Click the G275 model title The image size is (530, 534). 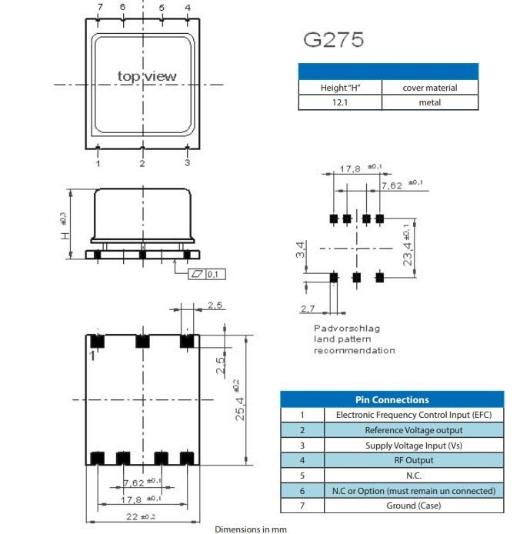[x=333, y=40]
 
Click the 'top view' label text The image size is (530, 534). [x=146, y=76]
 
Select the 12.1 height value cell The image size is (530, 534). [x=339, y=102]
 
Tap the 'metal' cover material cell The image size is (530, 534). [x=429, y=102]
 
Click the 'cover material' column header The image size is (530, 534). [x=429, y=88]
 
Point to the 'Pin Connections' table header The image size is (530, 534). [x=392, y=399]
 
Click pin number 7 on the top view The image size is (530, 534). [x=99, y=8]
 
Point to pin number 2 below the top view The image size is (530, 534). [x=142, y=163]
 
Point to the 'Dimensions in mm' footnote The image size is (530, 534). [x=250, y=529]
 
